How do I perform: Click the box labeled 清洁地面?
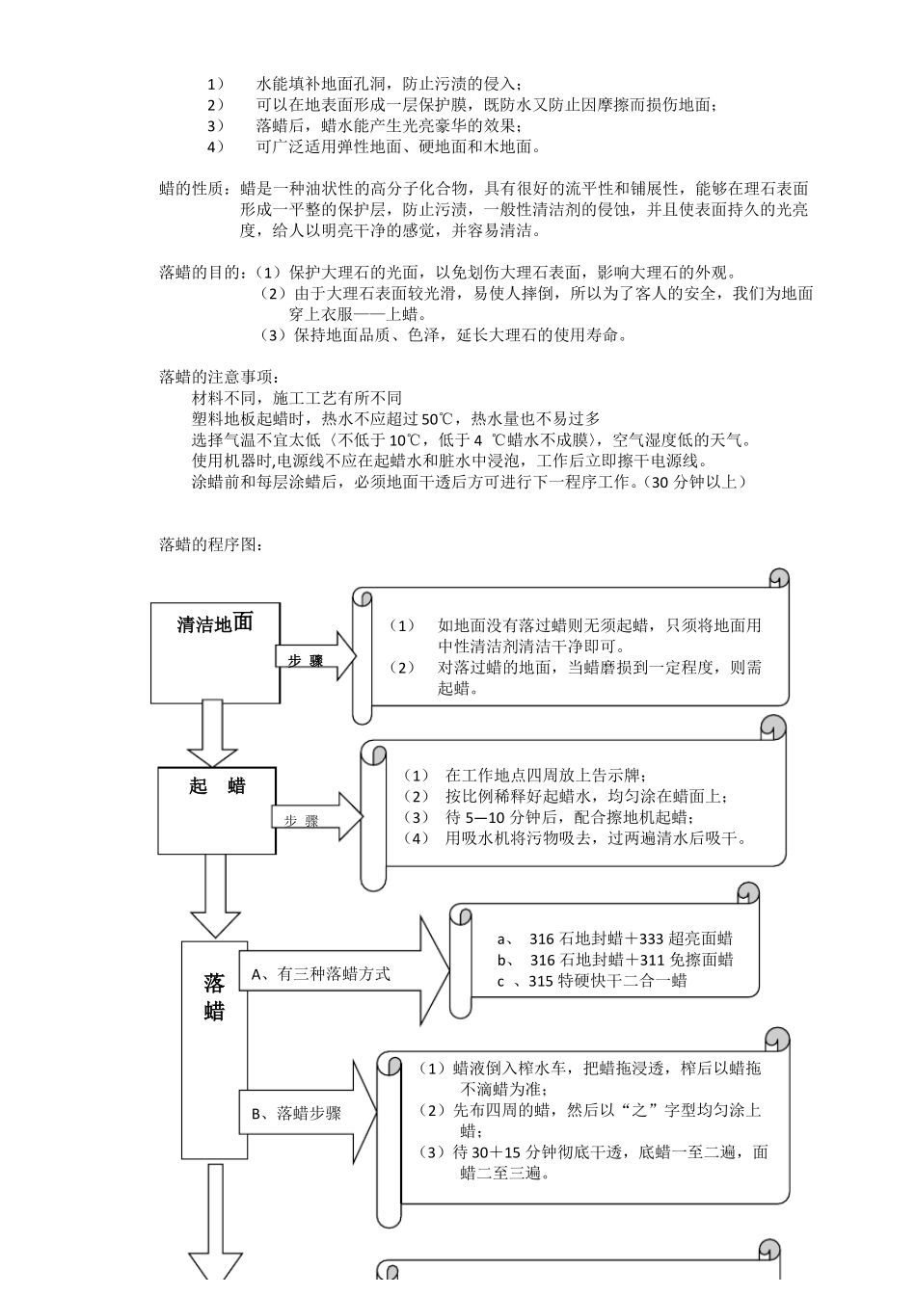click(214, 652)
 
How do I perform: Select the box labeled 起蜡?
click(217, 809)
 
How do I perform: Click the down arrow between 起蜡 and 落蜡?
click(215, 896)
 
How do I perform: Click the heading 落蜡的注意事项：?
click(221, 377)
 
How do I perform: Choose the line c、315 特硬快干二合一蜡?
click(592, 981)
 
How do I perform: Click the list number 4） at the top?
click(215, 146)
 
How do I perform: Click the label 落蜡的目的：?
click(205, 272)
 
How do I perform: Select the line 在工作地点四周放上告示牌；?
click(546, 775)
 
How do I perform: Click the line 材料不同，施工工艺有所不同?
click(297, 397)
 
